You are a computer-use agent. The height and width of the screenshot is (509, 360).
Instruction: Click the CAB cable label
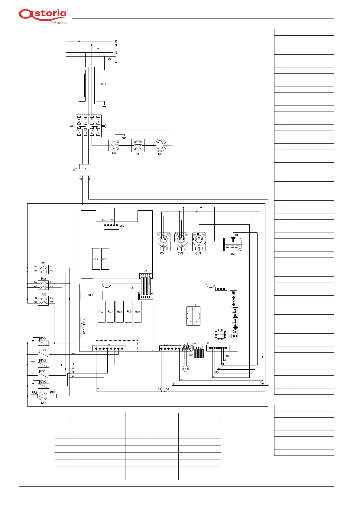point(102,84)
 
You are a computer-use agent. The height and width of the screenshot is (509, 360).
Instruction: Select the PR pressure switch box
point(115,145)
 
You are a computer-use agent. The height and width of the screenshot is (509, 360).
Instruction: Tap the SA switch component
point(138,145)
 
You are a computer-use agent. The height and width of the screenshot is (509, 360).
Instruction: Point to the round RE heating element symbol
point(160,145)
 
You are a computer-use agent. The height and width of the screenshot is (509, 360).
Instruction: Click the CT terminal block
point(85,170)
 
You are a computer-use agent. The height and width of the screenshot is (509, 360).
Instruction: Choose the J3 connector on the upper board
point(111,225)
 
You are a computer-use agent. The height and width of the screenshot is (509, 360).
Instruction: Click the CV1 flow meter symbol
point(164,241)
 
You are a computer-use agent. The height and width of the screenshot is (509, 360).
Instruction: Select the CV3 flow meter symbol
point(199,241)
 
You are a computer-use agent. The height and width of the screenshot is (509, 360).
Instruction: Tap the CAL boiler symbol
point(232,244)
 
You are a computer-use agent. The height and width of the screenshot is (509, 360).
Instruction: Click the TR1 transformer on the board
point(193,316)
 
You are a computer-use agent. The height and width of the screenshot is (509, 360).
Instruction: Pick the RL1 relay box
point(91,295)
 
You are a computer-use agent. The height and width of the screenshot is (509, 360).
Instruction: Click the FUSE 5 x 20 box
point(83,327)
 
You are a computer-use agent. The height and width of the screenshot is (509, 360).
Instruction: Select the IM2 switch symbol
point(43,284)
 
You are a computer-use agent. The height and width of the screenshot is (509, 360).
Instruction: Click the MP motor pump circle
point(43,396)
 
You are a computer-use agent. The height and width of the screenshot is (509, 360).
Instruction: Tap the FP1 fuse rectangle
point(53,396)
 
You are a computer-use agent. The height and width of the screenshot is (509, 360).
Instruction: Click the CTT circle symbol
point(186,369)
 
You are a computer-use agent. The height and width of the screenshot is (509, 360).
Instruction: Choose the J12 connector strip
point(170,349)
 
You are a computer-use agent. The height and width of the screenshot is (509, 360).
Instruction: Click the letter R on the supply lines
point(116,41)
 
